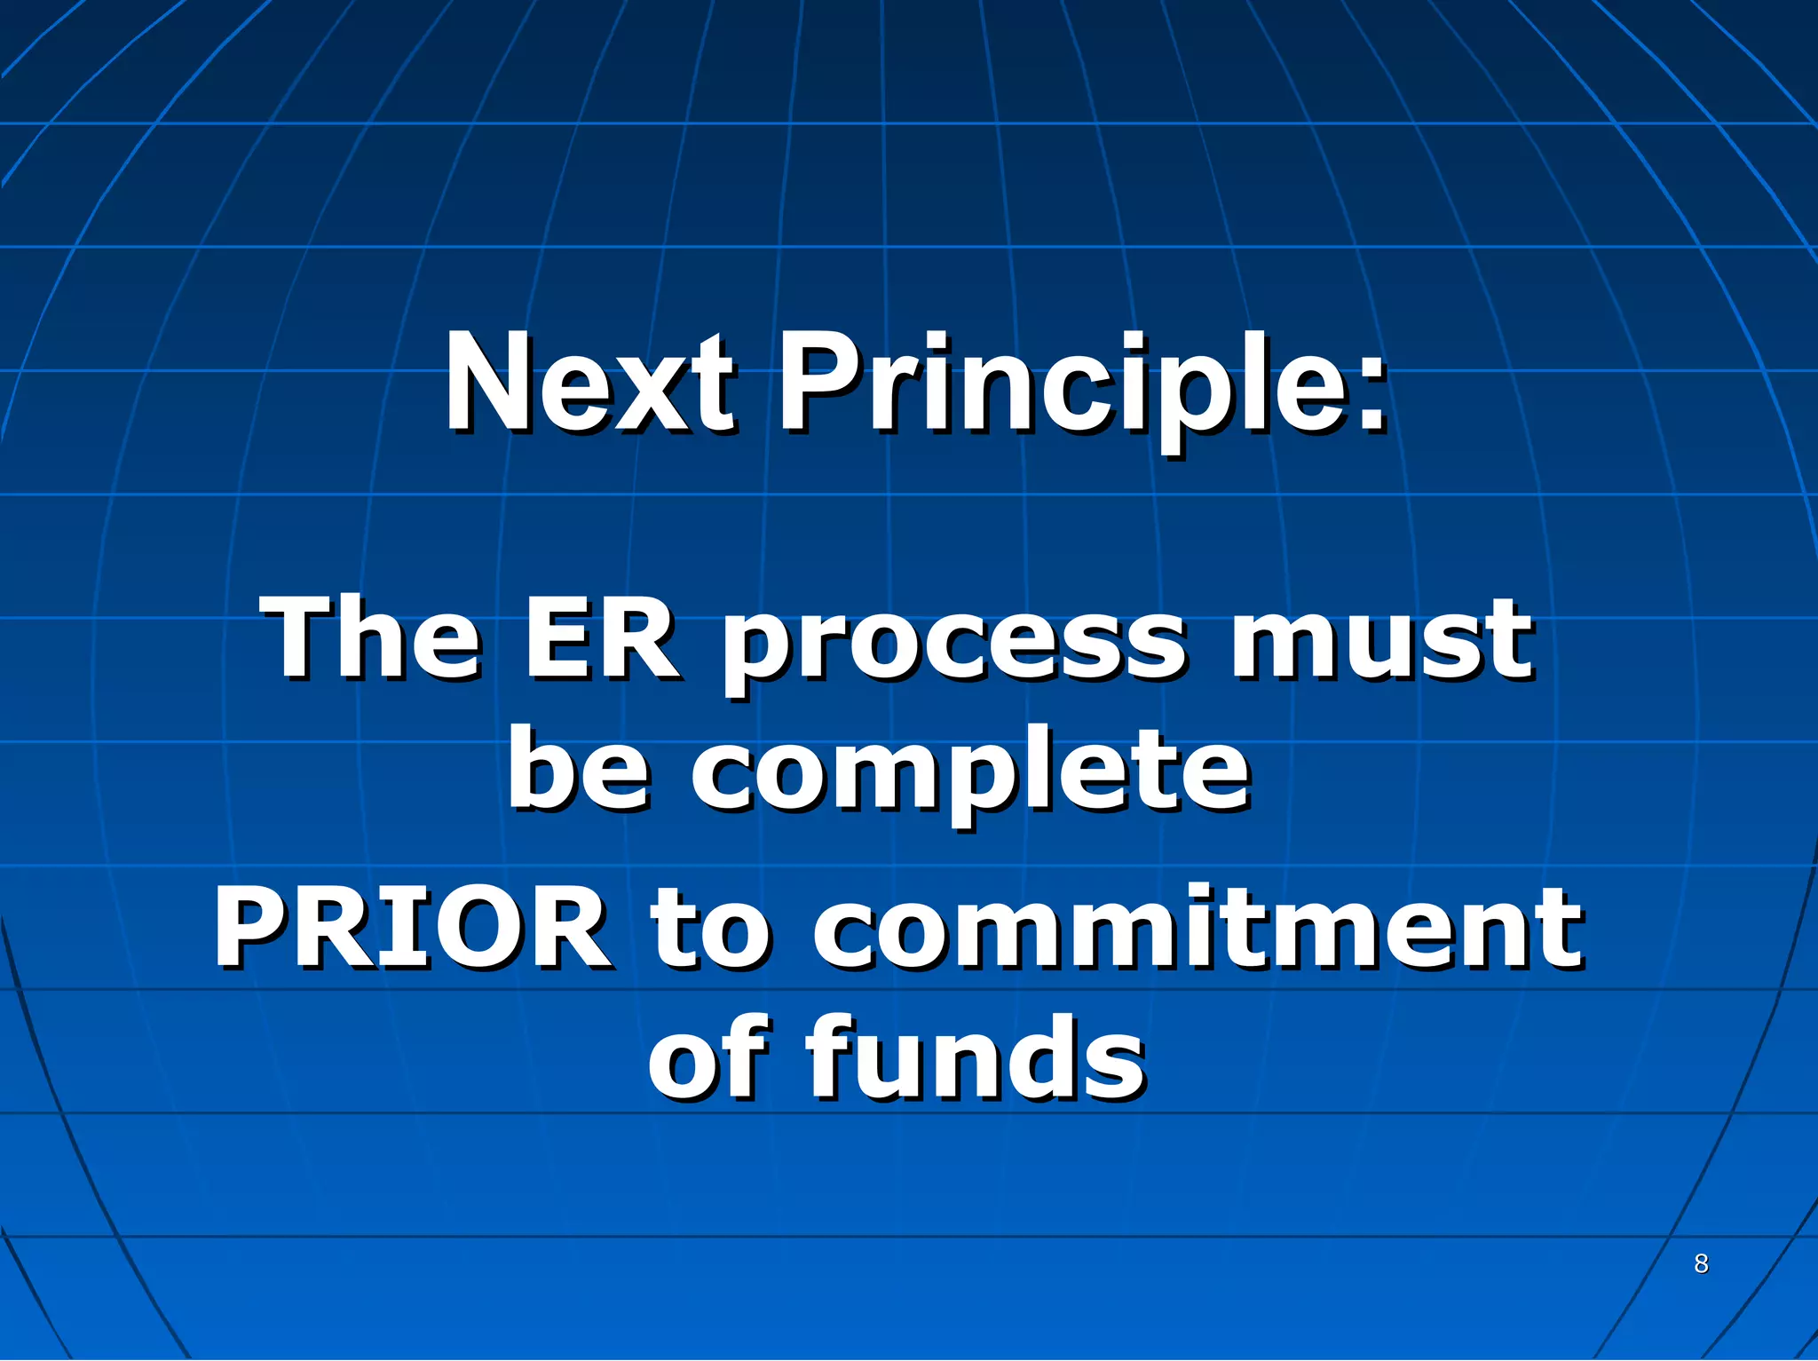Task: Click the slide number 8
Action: pyautogui.click(x=1701, y=1262)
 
